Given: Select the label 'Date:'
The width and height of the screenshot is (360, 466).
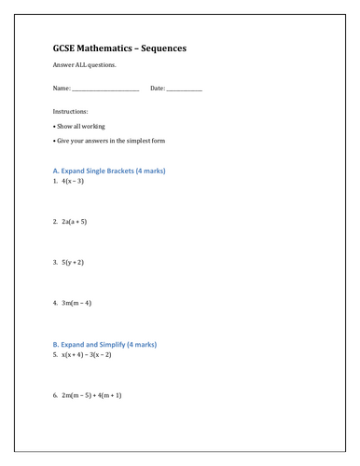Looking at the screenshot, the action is click(157, 89).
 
